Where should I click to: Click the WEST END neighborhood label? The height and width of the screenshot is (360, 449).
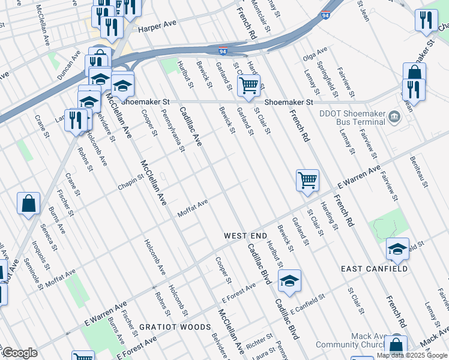tap(245, 236)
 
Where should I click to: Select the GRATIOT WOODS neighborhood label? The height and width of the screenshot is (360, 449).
tap(175, 327)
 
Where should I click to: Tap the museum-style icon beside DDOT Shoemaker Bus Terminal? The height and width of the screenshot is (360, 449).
tap(394, 116)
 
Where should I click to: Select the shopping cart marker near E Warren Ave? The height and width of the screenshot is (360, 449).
tap(307, 179)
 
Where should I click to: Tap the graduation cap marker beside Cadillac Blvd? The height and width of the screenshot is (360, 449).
tap(289, 280)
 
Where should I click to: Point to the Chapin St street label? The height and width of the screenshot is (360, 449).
tap(131, 182)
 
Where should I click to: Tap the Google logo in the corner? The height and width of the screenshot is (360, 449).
tap(20, 353)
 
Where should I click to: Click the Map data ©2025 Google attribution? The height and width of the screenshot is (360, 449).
tap(412, 355)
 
